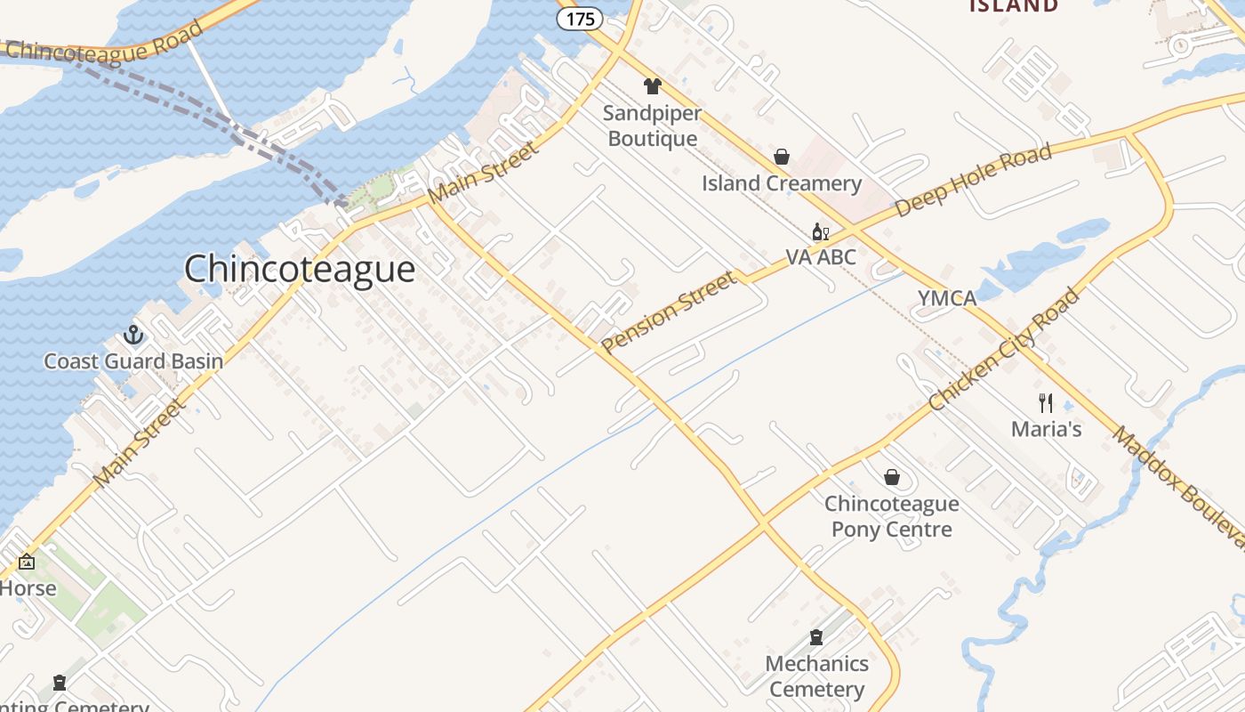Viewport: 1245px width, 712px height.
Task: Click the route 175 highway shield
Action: tap(580, 19)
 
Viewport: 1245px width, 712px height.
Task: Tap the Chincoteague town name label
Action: tap(300, 269)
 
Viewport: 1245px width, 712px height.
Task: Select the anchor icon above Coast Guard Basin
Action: tap(133, 335)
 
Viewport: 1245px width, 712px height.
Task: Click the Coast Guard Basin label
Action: tap(133, 361)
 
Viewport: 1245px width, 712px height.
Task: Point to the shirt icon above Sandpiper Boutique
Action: tap(653, 86)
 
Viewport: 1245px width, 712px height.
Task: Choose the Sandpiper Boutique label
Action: tap(653, 126)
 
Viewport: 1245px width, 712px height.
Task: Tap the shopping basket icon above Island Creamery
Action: tap(782, 157)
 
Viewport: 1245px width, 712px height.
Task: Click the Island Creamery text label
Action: tap(782, 184)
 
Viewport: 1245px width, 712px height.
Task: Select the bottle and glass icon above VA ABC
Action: tap(820, 232)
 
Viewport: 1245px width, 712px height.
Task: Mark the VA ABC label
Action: tap(820, 258)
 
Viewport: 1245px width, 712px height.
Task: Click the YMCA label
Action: tap(947, 298)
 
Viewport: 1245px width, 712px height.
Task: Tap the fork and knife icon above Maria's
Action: tap(1046, 402)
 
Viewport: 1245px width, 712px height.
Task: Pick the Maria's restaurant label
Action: tap(1046, 429)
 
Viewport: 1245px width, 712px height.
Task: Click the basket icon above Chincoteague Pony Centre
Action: tap(892, 478)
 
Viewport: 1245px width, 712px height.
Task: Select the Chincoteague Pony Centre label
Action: tap(892, 517)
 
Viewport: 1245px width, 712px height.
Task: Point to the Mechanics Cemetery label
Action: tap(816, 676)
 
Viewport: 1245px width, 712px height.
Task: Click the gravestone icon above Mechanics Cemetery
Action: tap(816, 637)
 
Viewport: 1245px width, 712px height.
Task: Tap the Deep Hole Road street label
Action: tap(973, 180)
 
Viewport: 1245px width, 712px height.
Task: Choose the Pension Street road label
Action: tap(669, 312)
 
